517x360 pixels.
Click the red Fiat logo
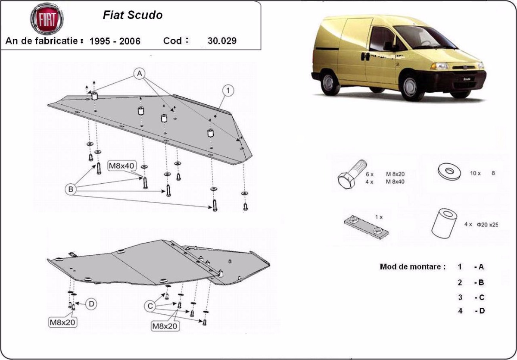(47, 19)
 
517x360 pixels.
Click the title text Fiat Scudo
(133, 15)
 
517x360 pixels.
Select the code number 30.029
(222, 41)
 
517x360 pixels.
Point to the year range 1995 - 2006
(115, 41)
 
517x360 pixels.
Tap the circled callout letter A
(139, 74)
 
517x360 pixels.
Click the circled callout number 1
(228, 90)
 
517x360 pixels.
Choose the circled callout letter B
(71, 188)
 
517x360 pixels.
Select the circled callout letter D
(91, 304)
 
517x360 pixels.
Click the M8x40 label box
(122, 165)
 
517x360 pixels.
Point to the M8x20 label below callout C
(165, 326)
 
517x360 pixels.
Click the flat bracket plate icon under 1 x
(366, 227)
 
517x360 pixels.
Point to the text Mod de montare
(412, 266)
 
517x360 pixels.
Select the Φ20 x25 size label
(487, 225)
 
